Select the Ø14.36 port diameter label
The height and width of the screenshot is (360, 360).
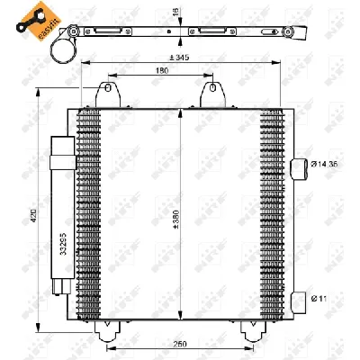[327, 165]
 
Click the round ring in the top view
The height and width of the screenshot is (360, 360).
[63, 50]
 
